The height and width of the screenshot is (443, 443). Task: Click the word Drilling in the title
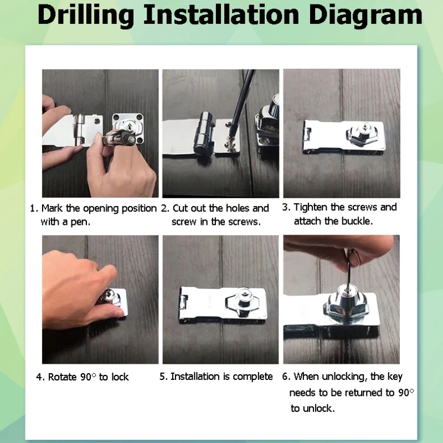[86, 16]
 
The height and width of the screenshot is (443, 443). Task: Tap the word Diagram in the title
[365, 16]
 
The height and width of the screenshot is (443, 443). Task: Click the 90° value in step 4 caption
[88, 377]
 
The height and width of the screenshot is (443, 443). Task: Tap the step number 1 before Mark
[33, 209]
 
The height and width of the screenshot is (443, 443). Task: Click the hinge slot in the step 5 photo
[183, 302]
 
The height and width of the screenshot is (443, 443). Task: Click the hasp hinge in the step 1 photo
[80, 130]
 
